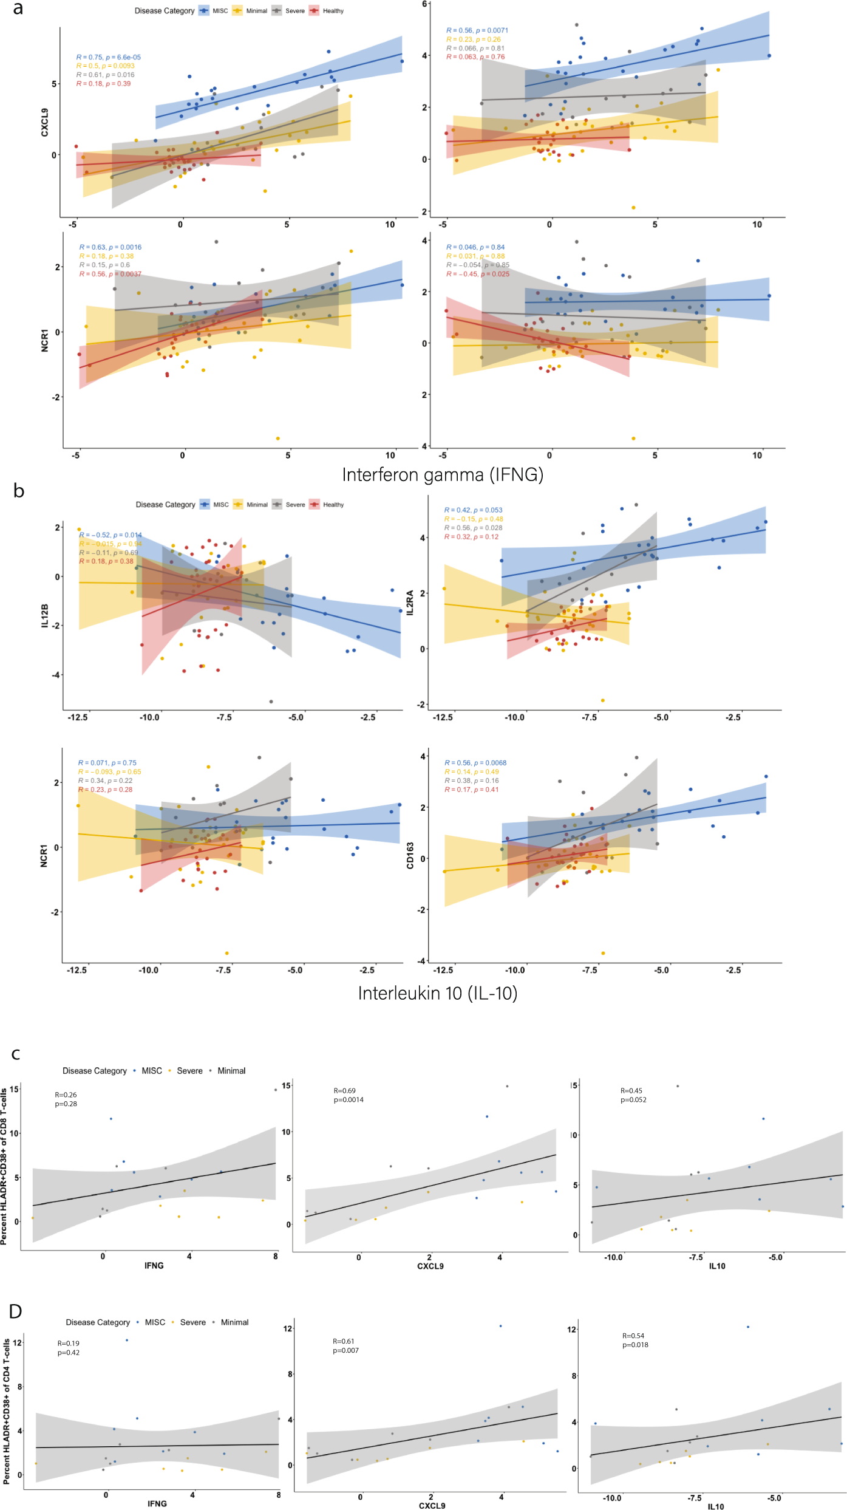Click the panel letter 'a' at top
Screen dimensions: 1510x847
click(x=18, y=9)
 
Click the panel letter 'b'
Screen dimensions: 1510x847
click(x=19, y=491)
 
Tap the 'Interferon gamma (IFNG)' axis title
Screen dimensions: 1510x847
click(x=443, y=474)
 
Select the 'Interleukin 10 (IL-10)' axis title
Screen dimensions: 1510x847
click(x=437, y=993)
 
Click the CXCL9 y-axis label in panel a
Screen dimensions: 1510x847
click(x=44, y=122)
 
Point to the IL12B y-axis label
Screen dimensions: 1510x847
click(x=44, y=615)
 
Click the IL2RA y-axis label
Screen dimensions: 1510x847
click(x=410, y=602)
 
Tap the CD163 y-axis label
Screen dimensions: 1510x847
click(x=410, y=855)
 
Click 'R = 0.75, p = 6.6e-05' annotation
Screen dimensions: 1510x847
click(x=108, y=57)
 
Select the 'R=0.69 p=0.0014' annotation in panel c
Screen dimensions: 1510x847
click(x=348, y=1095)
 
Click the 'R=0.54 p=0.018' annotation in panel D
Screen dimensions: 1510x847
click(x=634, y=1340)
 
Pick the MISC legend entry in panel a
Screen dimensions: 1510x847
click(x=213, y=11)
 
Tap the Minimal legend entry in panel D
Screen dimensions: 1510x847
click(x=231, y=1322)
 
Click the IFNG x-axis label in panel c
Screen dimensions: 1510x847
click(x=154, y=1265)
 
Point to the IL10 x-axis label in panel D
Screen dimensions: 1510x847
click(x=715, y=1501)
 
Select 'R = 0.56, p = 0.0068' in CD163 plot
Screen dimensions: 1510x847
click(x=475, y=763)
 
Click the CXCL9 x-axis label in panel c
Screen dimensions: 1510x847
click(x=430, y=1266)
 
